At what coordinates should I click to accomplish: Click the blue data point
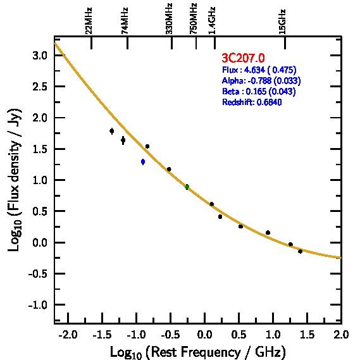point(143,161)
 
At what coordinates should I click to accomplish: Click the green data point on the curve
point(187,187)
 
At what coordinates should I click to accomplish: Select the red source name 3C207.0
point(243,58)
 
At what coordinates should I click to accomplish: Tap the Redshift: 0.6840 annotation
point(252,102)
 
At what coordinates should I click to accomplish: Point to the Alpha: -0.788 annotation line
point(261,80)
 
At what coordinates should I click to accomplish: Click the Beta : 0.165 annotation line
point(259,91)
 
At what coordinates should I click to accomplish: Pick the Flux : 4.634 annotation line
point(259,70)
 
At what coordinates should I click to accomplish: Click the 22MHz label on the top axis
point(89,21)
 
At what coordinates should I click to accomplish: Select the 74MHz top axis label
point(125,21)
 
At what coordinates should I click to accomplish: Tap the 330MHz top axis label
point(169,19)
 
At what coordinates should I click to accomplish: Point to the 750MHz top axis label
point(194,19)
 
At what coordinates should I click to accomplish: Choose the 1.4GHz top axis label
point(212,21)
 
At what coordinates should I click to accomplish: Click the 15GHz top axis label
point(282,22)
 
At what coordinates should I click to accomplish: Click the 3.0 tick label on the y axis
point(39,55)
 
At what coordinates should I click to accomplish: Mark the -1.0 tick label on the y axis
point(37,305)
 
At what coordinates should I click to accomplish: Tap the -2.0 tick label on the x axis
point(68,335)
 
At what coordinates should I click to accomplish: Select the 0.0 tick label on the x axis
point(204,335)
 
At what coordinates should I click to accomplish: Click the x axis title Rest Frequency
point(199,352)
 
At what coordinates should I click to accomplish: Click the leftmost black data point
point(112,131)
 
